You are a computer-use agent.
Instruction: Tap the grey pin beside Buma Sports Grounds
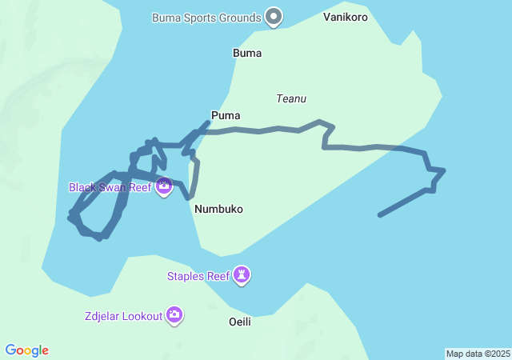(274, 16)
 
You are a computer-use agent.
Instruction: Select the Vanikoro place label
(346, 16)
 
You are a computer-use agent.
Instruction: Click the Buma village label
(247, 54)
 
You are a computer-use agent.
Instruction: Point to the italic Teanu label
(291, 99)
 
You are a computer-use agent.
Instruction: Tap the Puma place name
(226, 115)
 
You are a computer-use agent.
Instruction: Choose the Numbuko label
(218, 209)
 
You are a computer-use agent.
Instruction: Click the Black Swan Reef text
(110, 187)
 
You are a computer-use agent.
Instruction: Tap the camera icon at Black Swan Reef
(164, 187)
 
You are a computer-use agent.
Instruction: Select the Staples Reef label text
(198, 277)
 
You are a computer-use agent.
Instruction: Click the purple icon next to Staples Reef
(242, 276)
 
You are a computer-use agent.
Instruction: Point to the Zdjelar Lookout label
(122, 316)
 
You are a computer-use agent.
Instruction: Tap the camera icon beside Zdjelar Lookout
(174, 315)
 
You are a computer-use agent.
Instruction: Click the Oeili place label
(240, 322)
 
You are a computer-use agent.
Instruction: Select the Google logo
(27, 350)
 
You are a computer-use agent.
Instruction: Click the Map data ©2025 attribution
(478, 354)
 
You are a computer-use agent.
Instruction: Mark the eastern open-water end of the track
(380, 215)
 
